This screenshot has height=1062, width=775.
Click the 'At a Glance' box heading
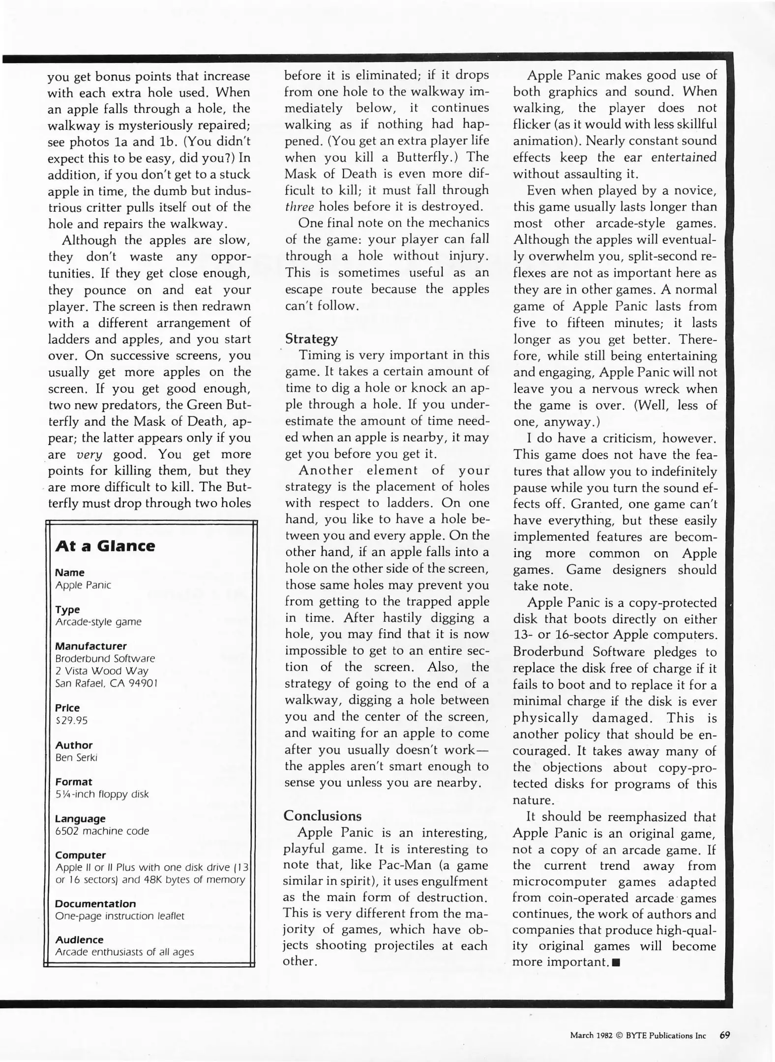coord(105,546)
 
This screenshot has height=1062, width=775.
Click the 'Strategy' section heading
coord(311,339)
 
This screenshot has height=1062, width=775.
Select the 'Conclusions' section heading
coord(322,816)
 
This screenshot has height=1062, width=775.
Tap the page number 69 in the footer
coord(724,1035)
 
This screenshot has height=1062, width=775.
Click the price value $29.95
coord(71,720)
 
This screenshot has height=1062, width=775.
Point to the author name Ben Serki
coord(76,757)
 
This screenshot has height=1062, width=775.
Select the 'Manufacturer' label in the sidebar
coord(90,646)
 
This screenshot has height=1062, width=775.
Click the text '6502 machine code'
coord(102,831)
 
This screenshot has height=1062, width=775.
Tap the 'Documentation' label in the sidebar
coord(95,904)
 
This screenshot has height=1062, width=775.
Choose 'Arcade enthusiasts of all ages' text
coord(124,952)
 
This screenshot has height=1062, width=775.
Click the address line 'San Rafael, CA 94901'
coord(106,683)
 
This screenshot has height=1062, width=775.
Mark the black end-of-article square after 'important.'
coord(616,963)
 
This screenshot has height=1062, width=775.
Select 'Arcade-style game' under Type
coord(98,622)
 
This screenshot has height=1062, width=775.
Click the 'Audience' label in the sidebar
coord(79,940)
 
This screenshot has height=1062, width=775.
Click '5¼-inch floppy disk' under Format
coord(102,794)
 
